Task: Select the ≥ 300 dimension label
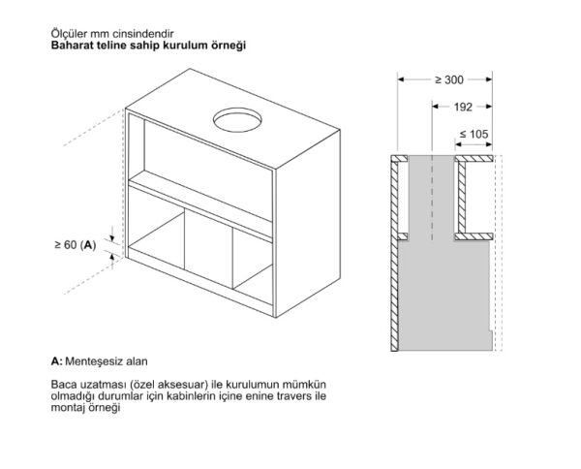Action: [448, 79]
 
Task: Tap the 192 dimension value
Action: [463, 108]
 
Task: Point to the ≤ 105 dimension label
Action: [474, 134]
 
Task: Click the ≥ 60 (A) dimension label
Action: [76, 245]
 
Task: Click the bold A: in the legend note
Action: [57, 361]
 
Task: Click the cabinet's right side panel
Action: [308, 224]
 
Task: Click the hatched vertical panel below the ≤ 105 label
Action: [462, 198]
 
